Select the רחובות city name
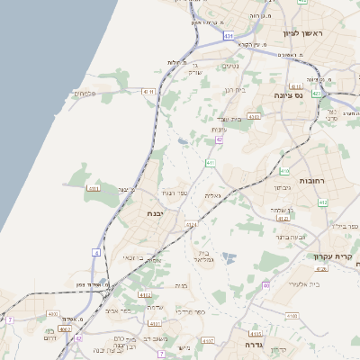[311, 180]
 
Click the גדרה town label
[245, 344]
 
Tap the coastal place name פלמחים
[85, 93]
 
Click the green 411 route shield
[211, 163]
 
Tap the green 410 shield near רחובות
[284, 171]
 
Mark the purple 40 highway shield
[266, 285]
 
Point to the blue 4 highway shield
[96, 253]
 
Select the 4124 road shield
[191, 224]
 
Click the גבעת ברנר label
[292, 236]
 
